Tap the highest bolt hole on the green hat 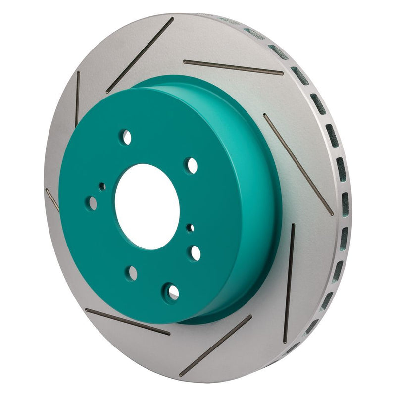[127, 137]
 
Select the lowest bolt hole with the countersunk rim [171, 292]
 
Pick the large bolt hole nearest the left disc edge [92, 201]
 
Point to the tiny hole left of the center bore [102, 187]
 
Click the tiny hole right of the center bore [190, 228]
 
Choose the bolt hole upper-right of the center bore [192, 165]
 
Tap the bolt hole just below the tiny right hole [195, 253]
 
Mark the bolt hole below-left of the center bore [132, 272]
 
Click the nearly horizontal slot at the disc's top [233, 68]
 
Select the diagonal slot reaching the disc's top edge [140, 55]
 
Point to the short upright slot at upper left [77, 99]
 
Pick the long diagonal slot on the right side [298, 164]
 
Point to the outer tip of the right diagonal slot [332, 214]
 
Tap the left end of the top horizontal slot [185, 62]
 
